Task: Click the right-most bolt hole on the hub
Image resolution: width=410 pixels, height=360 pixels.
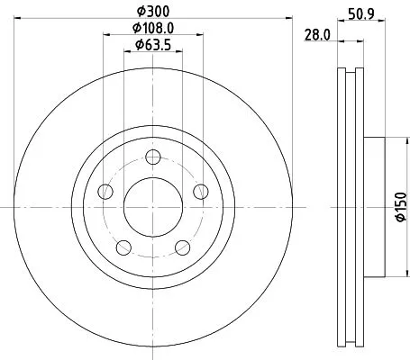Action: pyautogui.click(x=200, y=190)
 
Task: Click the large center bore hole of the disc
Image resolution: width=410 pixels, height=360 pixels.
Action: pyautogui.click(x=152, y=204)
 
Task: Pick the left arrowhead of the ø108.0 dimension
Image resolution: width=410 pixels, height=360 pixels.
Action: pyautogui.click(x=106, y=35)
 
